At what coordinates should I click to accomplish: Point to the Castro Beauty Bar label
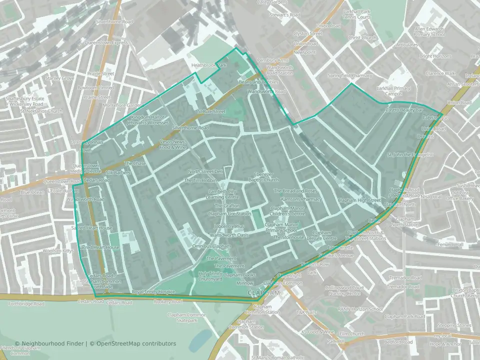(404, 109)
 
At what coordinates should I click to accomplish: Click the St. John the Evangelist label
(410, 155)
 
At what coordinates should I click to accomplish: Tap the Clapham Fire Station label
(229, 214)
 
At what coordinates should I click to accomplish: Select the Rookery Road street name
(168, 301)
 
